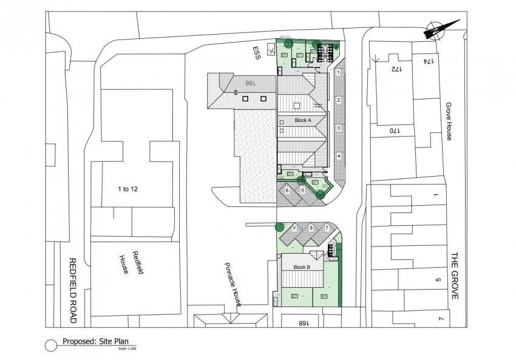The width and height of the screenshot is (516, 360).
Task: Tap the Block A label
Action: coord(302,120)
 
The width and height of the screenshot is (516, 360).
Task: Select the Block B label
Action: coord(302,267)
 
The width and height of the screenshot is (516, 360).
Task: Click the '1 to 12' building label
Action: coord(127,189)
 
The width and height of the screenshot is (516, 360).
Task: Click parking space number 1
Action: coord(338,72)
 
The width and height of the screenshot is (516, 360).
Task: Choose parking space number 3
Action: coord(338,128)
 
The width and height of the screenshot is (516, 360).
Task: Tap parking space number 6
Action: coord(287,191)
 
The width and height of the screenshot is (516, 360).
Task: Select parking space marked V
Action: coord(294,228)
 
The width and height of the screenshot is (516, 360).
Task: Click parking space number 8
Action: coord(311,228)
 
